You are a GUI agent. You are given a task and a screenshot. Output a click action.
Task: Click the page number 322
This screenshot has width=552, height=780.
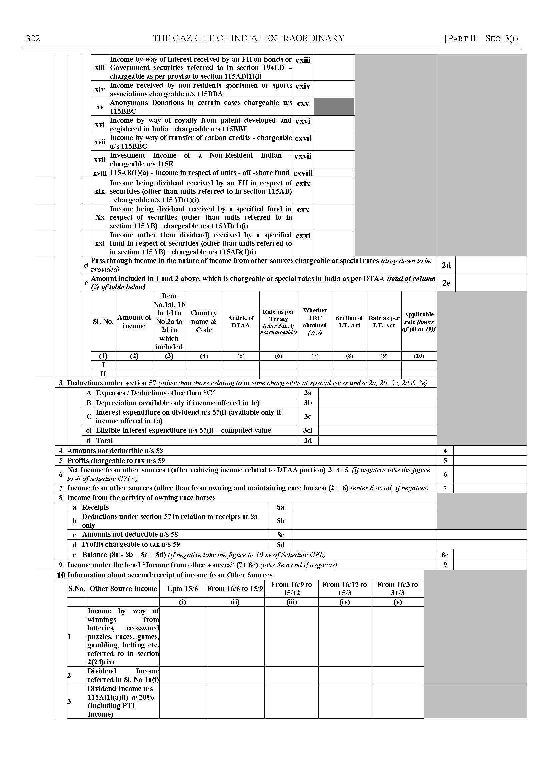[33, 38]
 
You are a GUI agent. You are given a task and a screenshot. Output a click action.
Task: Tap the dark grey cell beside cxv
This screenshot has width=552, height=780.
[334, 107]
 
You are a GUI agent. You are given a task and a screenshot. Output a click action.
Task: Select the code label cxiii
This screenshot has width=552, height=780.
[303, 60]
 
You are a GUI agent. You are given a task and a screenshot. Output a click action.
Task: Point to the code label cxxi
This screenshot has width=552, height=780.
[303, 236]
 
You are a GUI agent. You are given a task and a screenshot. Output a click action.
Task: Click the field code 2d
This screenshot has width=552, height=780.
[446, 265]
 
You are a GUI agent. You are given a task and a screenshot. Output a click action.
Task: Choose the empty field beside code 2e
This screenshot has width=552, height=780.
[491, 283]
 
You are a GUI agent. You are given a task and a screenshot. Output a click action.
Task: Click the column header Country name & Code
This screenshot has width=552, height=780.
[204, 321]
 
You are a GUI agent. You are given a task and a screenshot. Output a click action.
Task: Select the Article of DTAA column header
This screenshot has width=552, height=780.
[241, 321]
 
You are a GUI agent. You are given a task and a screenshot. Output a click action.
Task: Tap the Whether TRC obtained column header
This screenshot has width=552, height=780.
[315, 321]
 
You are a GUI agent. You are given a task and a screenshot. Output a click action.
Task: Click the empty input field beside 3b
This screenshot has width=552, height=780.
[377, 403]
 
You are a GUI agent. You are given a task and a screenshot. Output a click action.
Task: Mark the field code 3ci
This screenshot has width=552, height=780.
[307, 430]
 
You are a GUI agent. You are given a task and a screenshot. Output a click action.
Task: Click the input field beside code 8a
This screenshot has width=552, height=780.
[364, 507]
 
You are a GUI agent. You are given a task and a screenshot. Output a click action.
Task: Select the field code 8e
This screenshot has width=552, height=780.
[445, 555]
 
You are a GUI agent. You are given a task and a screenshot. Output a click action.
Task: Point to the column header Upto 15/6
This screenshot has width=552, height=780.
[182, 589]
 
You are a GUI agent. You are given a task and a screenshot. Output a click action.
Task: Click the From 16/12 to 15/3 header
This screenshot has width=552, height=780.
[344, 589]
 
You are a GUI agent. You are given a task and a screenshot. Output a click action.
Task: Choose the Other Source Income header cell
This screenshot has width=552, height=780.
[123, 589]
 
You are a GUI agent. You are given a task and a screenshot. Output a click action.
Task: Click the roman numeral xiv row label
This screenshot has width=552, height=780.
[100, 90]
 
